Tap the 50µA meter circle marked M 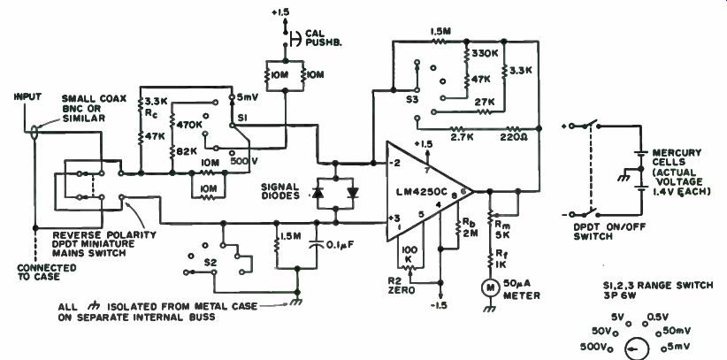click(485, 287)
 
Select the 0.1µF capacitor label click(331, 237)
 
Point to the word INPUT click(25, 90)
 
